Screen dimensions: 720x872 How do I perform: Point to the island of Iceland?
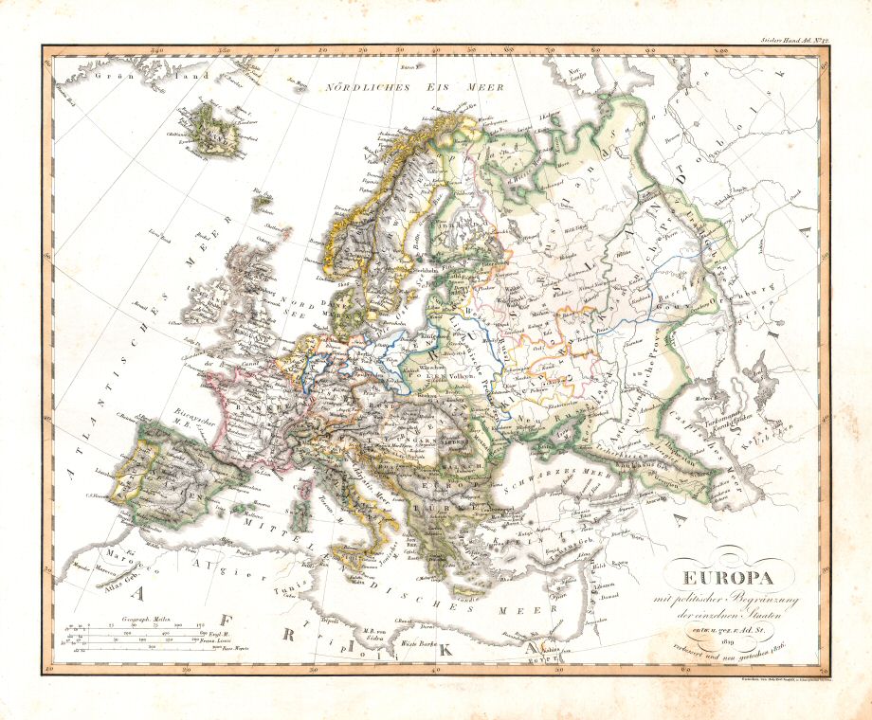point(215,130)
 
